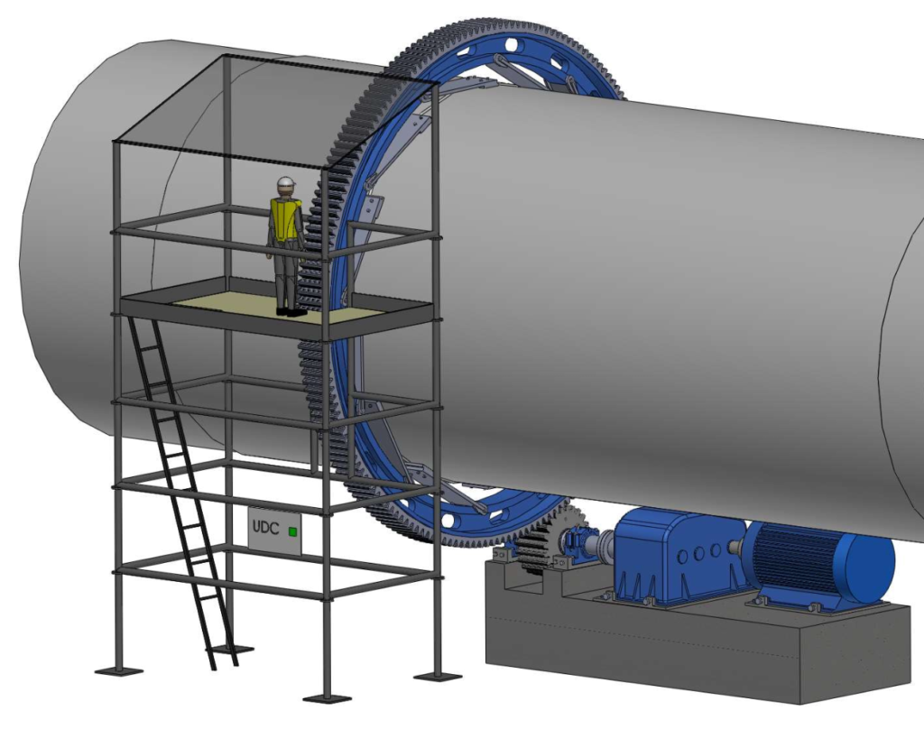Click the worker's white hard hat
point(286,182)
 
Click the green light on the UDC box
point(292,532)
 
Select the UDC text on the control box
point(265,527)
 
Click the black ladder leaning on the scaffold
point(182,492)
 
